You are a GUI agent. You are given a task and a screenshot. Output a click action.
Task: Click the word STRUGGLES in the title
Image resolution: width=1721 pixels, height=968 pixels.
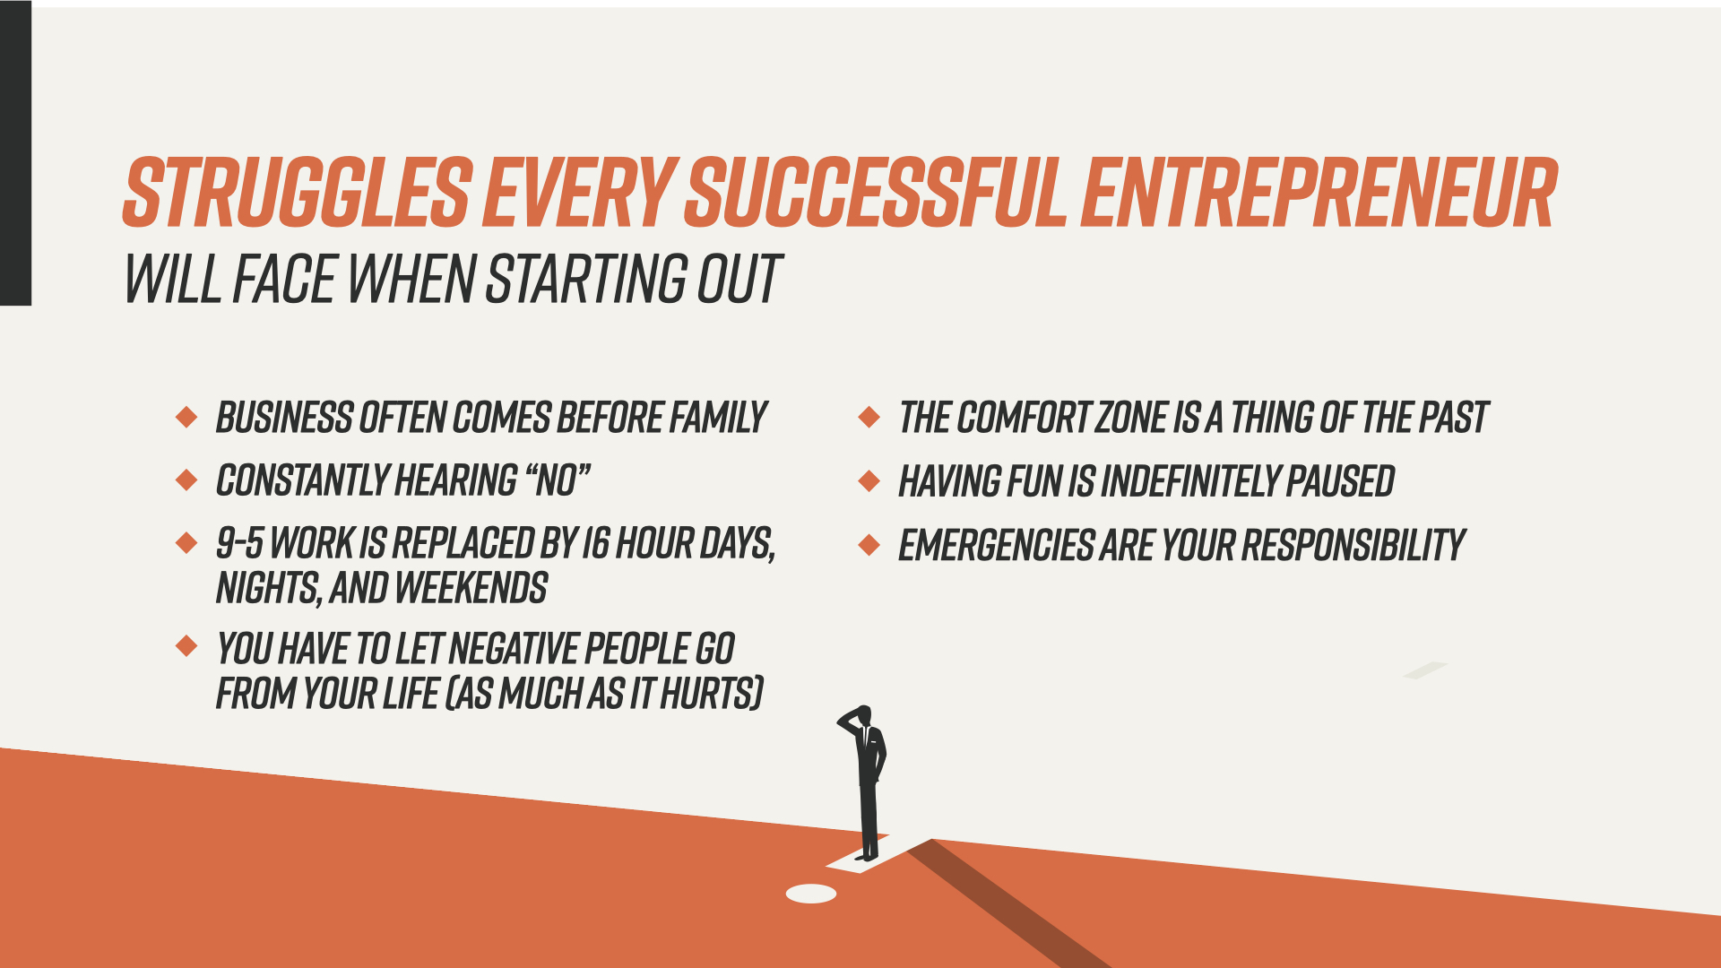click(298, 193)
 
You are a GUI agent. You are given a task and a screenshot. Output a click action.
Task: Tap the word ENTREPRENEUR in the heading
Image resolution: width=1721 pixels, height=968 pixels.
click(1319, 193)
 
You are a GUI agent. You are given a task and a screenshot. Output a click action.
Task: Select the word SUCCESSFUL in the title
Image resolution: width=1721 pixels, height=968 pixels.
click(876, 193)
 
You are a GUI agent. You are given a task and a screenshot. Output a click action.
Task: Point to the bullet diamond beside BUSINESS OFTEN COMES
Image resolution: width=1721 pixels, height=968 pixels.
click(186, 417)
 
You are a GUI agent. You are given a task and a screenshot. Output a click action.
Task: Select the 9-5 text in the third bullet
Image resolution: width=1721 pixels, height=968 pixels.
click(240, 543)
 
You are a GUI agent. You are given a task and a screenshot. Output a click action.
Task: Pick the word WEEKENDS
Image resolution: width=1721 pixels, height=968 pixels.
click(471, 589)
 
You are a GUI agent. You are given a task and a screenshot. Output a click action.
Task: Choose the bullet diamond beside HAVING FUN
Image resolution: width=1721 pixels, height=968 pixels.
click(869, 480)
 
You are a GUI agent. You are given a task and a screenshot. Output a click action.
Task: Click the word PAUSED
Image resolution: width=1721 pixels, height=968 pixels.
click(1340, 481)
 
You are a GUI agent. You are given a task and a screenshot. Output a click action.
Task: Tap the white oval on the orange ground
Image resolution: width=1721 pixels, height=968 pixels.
click(811, 894)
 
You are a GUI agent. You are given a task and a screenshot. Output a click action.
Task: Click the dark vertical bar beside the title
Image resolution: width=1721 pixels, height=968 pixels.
click(15, 153)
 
